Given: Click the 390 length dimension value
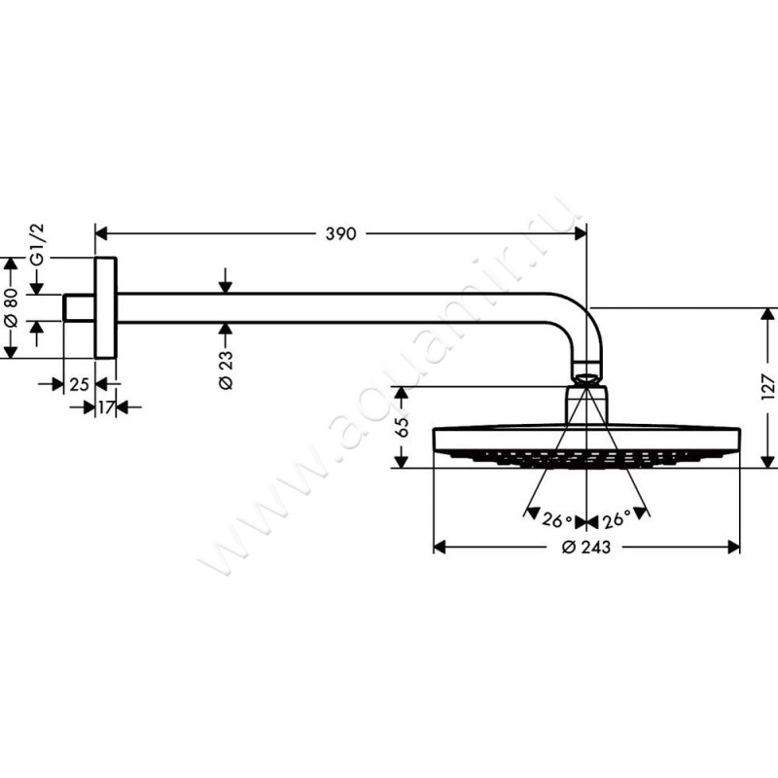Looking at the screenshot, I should [x=340, y=233].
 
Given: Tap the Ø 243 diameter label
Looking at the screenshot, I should [x=586, y=548].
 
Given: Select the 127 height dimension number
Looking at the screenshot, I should [x=767, y=387].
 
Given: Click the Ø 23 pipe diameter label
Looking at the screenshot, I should [x=225, y=370].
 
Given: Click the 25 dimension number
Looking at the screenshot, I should [x=80, y=384].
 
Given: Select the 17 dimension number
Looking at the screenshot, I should [x=106, y=407].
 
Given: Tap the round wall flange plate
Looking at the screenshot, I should [x=105, y=307].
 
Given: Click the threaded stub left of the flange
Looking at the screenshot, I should [x=79, y=307].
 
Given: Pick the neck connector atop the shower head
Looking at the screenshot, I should [x=586, y=404].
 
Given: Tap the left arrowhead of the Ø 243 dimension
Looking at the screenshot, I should [x=439, y=548].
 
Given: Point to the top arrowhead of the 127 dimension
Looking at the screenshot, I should [x=768, y=313].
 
